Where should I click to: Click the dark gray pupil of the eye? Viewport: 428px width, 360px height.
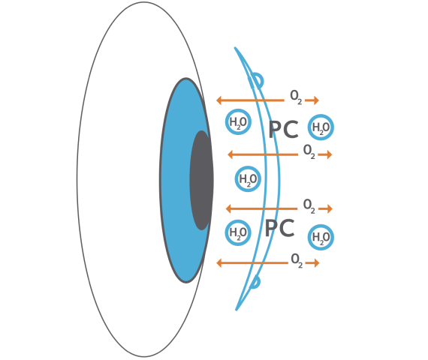click(201, 181)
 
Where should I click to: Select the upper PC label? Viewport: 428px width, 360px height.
click(283, 130)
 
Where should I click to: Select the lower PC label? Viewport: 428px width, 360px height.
click(279, 228)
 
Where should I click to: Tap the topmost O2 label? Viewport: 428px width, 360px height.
click(296, 97)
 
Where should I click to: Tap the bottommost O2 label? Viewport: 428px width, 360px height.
click(297, 260)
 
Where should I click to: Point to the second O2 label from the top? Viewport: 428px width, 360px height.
click(309, 151)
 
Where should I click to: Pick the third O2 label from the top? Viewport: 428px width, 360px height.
click(309, 206)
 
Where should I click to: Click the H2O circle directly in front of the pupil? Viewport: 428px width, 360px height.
click(248, 179)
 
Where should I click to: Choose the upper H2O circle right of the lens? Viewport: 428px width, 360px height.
click(321, 127)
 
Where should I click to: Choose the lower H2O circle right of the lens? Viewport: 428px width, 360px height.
click(321, 237)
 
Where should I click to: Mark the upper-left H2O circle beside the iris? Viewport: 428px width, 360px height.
click(238, 121)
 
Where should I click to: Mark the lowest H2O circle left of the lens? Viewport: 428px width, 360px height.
click(238, 232)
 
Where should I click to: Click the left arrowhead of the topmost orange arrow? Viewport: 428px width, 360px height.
click(219, 100)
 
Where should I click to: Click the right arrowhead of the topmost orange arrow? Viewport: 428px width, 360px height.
click(317, 100)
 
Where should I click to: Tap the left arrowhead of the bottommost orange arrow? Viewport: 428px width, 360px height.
click(219, 263)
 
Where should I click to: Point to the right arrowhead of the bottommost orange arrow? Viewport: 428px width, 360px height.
click(317, 263)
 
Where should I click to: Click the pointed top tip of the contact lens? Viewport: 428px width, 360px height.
click(235, 48)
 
